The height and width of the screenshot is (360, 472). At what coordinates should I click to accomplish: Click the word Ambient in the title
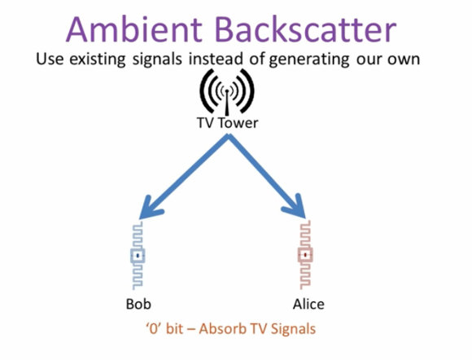coord(134,29)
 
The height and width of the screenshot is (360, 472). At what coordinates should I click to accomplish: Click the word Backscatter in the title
coord(305,29)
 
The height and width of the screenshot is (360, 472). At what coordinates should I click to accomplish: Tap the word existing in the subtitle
coord(97,59)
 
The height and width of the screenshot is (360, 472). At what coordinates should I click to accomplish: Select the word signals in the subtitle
coord(157,59)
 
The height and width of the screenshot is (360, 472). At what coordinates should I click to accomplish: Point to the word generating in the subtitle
coord(309,59)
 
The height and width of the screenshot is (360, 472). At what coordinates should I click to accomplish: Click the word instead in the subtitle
coord(216,59)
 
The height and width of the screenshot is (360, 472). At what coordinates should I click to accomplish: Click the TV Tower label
coord(228,123)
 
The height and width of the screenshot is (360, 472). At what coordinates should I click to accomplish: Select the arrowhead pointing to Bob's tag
coord(150,207)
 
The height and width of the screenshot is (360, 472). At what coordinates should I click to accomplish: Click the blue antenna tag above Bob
coord(138,256)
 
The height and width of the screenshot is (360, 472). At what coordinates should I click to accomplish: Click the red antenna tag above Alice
coord(305,255)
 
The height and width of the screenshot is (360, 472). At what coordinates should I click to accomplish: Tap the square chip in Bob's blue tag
coord(138,256)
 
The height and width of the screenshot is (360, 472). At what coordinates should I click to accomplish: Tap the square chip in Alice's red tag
coord(305,255)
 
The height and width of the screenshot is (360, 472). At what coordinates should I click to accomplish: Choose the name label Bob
coord(138,304)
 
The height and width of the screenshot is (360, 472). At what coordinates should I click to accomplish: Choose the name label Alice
coord(308,304)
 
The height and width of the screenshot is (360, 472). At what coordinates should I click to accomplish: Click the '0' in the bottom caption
coord(154,328)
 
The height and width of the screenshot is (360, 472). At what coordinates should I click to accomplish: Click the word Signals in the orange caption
coord(293,329)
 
